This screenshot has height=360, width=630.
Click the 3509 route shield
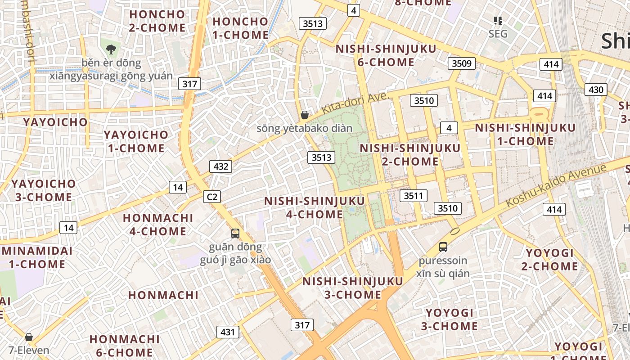[x=462, y=63]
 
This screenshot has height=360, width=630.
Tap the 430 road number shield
[x=596, y=90]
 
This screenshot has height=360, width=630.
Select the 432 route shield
[x=220, y=166]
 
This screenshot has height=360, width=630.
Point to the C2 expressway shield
[x=212, y=197]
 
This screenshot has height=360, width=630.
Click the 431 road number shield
[x=228, y=332]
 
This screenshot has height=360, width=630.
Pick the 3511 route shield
[x=414, y=195]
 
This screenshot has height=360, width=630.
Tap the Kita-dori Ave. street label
[x=355, y=103]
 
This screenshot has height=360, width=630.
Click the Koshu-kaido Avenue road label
[x=556, y=185]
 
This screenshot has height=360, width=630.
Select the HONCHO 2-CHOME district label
[x=157, y=21]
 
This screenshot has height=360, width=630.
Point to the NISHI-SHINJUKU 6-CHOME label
[x=386, y=55]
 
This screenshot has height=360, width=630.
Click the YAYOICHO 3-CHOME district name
[x=44, y=190]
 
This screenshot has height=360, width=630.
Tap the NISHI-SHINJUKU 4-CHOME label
[x=314, y=207]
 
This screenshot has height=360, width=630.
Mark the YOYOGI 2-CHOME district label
[x=549, y=260]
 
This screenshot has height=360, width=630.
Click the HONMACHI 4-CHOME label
[x=157, y=225]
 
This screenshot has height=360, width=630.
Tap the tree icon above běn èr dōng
[x=111, y=49]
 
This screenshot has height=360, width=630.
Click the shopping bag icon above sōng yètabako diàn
[x=305, y=115]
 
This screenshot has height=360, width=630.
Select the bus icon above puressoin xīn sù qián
[x=443, y=247]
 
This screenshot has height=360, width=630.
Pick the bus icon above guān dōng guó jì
[x=235, y=233]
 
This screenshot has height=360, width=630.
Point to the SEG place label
[x=498, y=34]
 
